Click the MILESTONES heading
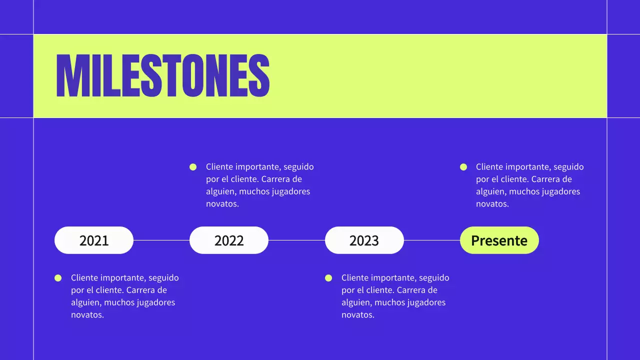pos(163,75)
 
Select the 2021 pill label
pos(94,240)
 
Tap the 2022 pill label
pos(229,240)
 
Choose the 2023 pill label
pos(364,240)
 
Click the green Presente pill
pos(499,240)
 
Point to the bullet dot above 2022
pos(193,167)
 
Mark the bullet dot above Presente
pos(463,167)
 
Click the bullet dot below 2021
pos(58,278)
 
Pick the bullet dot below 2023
pos(328,278)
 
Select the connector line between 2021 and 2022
pos(161,240)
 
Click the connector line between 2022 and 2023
pos(296,240)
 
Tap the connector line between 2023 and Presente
pos(432,240)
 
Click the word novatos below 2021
pos(87,315)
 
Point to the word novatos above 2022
pos(222,204)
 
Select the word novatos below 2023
pos(358,315)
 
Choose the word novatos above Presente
pos(492,204)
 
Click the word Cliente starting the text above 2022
pos(219,167)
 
